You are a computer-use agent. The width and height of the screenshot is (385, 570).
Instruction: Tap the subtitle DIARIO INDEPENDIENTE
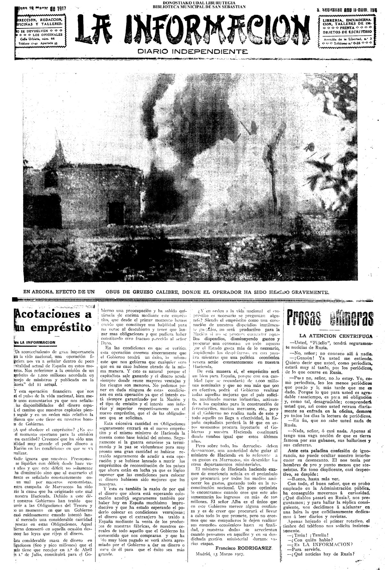pos(193,51)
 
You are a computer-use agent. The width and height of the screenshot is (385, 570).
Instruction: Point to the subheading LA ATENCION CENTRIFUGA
pos(335,336)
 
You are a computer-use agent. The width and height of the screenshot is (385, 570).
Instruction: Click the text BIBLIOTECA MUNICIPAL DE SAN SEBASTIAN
pos(199,6)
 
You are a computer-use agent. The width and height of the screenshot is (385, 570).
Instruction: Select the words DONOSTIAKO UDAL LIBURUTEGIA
pos(199,2)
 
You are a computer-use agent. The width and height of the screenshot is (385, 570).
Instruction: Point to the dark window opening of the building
pos(115,210)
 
